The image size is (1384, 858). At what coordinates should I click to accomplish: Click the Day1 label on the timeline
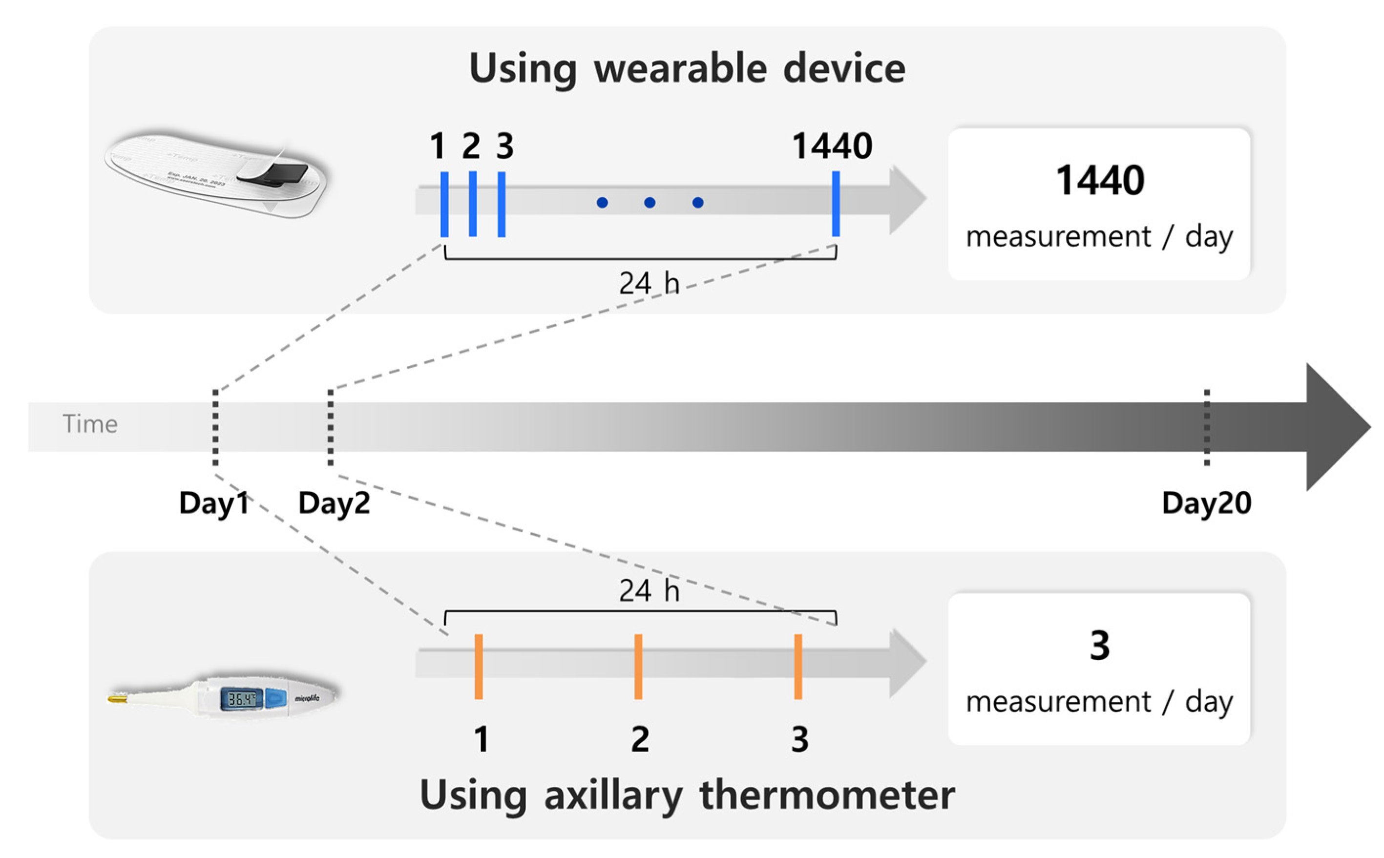[x=213, y=503]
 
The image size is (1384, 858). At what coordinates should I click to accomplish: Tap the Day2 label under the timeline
[x=334, y=503]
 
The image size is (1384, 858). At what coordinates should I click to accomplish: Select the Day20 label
[x=1206, y=503]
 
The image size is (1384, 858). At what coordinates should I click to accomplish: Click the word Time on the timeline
[x=90, y=424]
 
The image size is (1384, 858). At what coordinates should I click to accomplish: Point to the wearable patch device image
[x=216, y=173]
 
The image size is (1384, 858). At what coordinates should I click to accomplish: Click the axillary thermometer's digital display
[x=241, y=698]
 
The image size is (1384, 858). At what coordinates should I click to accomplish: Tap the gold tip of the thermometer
[x=118, y=698]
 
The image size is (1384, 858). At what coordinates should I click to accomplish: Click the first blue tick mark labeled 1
[x=444, y=204]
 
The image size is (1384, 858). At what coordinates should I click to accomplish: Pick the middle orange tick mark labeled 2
[x=638, y=666]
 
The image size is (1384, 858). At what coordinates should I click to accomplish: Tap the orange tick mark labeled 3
[x=798, y=666]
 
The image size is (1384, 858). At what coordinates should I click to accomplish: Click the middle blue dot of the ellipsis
[x=650, y=203]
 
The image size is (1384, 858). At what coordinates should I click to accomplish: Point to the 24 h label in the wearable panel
[x=649, y=283]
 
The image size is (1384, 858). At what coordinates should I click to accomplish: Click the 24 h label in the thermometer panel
[x=649, y=591]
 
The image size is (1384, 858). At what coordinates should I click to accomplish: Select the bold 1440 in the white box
[x=1100, y=181]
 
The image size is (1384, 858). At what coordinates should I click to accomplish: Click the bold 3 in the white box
[x=1099, y=646]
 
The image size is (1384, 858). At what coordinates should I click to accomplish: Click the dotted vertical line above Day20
[x=1206, y=427]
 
